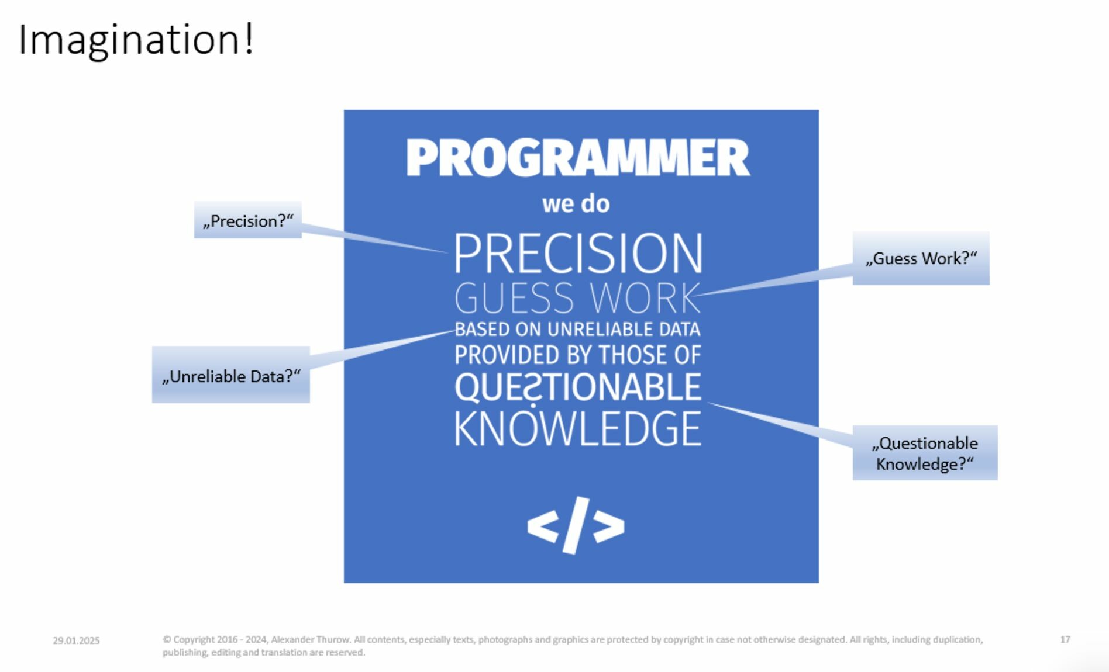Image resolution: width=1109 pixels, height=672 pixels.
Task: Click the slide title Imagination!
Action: [136, 40]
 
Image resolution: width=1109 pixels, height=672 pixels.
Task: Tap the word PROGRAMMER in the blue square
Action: [577, 158]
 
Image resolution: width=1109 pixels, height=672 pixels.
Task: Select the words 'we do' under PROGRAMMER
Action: [576, 204]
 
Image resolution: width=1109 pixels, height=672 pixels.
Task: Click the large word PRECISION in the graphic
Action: [578, 254]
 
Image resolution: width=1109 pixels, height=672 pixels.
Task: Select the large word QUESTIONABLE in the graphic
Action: [578, 387]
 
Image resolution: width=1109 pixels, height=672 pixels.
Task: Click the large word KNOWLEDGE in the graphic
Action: [578, 429]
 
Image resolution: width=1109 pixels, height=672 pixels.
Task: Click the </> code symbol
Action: [576, 525]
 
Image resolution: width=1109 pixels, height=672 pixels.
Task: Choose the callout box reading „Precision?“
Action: [248, 220]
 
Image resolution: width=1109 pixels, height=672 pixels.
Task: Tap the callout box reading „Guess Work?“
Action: [921, 258]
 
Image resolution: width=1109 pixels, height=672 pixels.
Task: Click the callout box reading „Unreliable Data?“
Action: [231, 375]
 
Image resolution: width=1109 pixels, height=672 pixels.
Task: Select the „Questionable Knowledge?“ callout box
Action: [925, 453]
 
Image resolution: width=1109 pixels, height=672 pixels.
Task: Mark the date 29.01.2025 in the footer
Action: [76, 640]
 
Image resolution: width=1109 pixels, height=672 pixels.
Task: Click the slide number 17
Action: [1065, 639]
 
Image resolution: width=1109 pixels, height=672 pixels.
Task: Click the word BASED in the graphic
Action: [482, 330]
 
